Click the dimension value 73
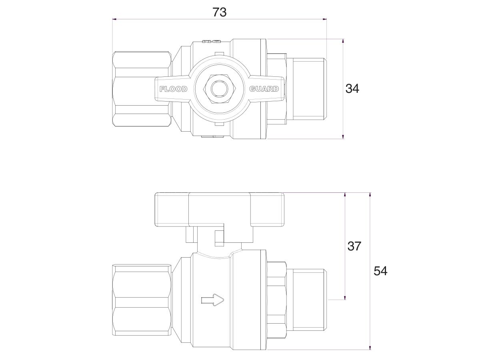pos(219,12)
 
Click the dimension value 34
pos(352,88)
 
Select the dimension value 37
pos(354,246)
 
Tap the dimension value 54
pos(380,271)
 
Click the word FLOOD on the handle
pos(173,89)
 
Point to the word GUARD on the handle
pos(264,89)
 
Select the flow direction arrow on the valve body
pos(212,300)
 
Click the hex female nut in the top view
pos(142,88)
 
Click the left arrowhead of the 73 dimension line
pos(114,19)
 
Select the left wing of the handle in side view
pos(171,210)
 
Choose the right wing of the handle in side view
pos(267,210)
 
